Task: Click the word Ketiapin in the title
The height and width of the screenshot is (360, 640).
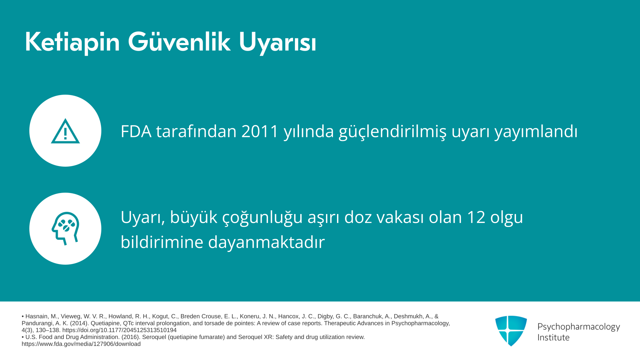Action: (x=72, y=42)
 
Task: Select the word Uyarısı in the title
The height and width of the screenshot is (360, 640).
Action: (x=277, y=43)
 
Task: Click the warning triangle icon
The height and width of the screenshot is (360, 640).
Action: (x=65, y=131)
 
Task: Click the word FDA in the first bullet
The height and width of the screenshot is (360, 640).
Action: (x=136, y=131)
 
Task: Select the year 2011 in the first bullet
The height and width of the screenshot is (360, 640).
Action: (x=260, y=131)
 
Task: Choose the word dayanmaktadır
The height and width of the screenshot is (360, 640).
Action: (x=266, y=242)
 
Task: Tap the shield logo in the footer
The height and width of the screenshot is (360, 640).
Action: (x=511, y=331)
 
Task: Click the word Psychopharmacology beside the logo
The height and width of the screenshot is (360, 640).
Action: (x=579, y=327)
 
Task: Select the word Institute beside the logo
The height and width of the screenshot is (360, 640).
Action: (x=553, y=338)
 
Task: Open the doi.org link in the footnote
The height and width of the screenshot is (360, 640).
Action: (x=119, y=330)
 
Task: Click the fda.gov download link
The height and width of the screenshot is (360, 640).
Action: (x=81, y=344)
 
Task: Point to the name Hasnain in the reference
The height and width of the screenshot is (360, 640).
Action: (x=37, y=316)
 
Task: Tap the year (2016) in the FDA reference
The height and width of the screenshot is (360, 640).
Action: (x=131, y=337)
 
